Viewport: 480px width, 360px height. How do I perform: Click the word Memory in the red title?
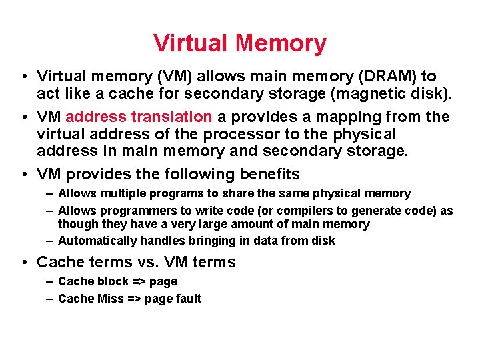pyautogui.click(x=281, y=43)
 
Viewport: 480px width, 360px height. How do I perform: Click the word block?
pyautogui.click(x=112, y=282)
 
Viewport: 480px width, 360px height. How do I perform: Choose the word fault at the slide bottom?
pyautogui.click(x=187, y=299)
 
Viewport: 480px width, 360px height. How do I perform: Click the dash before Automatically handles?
pyautogui.click(x=50, y=241)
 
